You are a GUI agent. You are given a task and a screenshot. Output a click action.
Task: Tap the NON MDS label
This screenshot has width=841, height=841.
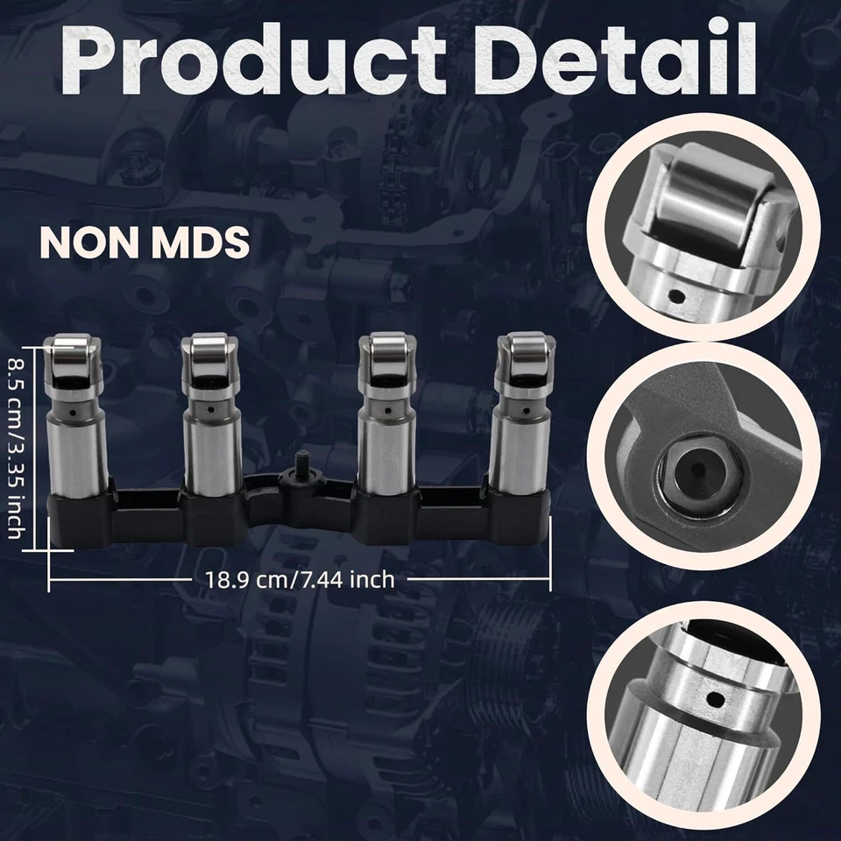pyautogui.click(x=145, y=242)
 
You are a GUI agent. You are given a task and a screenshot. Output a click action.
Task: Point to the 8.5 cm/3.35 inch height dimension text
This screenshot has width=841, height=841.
pyautogui.click(x=18, y=447)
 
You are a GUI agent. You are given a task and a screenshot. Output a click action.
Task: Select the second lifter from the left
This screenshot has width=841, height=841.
pyautogui.click(x=210, y=420)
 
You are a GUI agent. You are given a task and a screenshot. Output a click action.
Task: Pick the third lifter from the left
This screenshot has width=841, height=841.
pyautogui.click(x=387, y=420)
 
